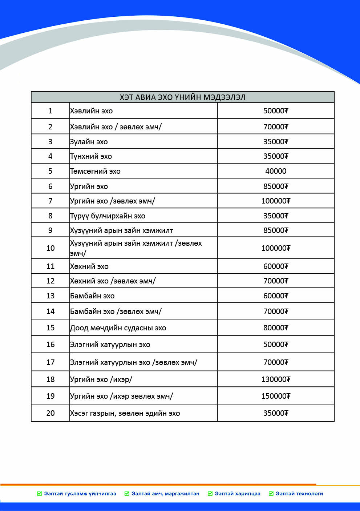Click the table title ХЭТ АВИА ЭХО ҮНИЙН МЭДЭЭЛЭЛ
tap(182, 97)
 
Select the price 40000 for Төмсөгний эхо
tap(276, 171)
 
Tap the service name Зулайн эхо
tap(89, 142)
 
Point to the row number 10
tap(50, 248)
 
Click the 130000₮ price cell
tap(276, 379)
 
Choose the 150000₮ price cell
tap(276, 396)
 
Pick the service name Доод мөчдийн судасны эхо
tap(118, 328)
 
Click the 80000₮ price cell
tap(276, 328)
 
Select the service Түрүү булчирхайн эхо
tap(108, 216)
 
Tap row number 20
tap(50, 413)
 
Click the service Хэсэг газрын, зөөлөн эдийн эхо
tap(125, 413)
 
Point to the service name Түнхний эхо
tap(91, 156)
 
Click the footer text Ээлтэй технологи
tap(299, 494)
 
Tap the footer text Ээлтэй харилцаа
tap(237, 494)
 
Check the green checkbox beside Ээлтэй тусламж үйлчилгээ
tap(40, 494)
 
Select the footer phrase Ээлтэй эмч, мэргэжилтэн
tap(165, 494)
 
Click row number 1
tap(50, 111)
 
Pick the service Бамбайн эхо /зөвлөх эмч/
tap(116, 311)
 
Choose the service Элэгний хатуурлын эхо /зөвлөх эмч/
tap(134, 362)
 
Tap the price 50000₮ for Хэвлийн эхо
tap(276, 111)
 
